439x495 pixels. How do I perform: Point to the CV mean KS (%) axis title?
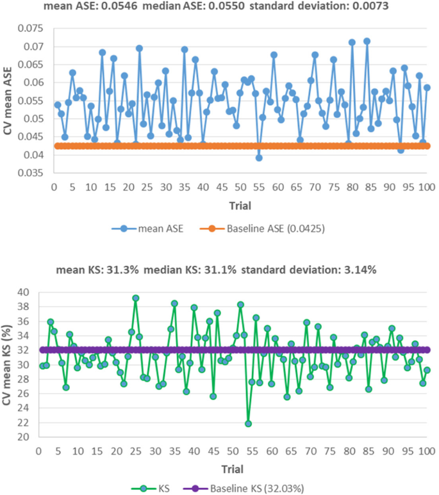click(x=8, y=364)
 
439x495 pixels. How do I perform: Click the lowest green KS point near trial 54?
click(x=248, y=423)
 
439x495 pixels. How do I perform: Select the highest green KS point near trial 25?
click(x=135, y=298)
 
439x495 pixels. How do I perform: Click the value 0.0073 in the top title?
click(x=364, y=6)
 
